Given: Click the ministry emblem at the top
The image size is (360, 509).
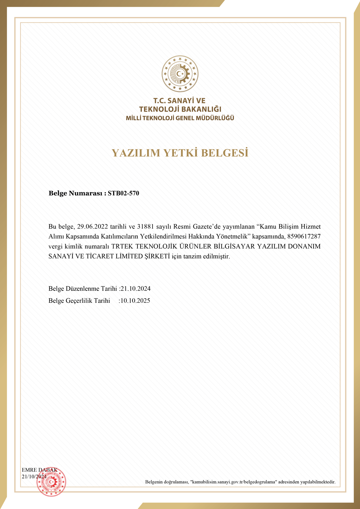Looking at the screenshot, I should (180, 74).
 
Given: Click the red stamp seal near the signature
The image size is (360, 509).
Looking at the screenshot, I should (51, 482).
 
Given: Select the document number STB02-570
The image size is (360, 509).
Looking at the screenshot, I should (123, 193).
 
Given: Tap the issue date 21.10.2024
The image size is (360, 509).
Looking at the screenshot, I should (135, 289).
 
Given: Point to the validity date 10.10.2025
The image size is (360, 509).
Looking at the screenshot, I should (135, 301).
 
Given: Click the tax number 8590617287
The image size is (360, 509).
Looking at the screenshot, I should (304, 236).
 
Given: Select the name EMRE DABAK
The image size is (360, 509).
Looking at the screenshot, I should (39, 470).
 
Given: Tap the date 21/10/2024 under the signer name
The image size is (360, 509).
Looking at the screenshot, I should (34, 477).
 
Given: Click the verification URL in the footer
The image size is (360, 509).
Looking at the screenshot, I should (234, 482).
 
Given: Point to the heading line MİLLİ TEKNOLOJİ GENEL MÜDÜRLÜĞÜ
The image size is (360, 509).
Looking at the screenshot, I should (180, 118).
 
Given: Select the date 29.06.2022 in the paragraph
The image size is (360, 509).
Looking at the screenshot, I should (92, 227).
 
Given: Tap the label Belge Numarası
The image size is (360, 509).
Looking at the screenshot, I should (75, 193).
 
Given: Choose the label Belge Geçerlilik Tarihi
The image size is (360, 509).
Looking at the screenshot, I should (79, 301).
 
